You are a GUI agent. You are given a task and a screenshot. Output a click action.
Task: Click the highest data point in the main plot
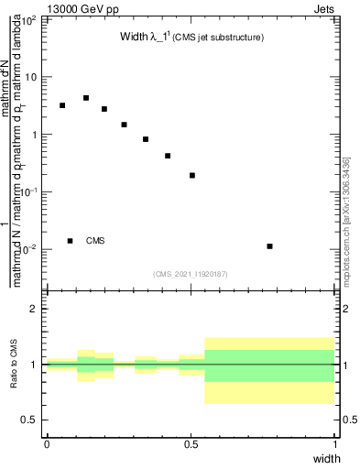pyautogui.click(x=85, y=98)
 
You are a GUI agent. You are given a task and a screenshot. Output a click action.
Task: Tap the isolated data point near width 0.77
pyautogui.click(x=269, y=246)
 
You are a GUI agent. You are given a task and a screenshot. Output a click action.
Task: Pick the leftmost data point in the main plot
pyautogui.click(x=61, y=105)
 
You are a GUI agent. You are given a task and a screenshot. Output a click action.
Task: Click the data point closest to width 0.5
pyautogui.click(x=192, y=175)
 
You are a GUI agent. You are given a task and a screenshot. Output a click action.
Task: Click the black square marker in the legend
pyautogui.click(x=70, y=241)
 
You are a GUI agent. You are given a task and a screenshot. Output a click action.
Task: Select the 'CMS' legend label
pyautogui.click(x=95, y=241)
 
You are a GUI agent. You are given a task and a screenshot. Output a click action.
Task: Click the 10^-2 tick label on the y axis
pyautogui.click(x=29, y=249)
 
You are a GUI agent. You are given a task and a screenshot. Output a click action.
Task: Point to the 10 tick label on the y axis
pyautogui.click(x=32, y=77)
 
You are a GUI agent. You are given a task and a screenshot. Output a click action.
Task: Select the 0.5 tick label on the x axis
pyautogui.click(x=191, y=444)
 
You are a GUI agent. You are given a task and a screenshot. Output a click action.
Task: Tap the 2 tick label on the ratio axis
pyautogui.click(x=35, y=309)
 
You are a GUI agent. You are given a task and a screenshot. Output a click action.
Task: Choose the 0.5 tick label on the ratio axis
pyautogui.click(x=30, y=420)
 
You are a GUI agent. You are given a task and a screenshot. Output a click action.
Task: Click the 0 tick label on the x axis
pyautogui.click(x=47, y=444)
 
